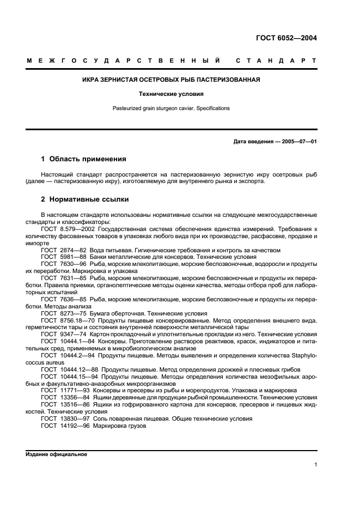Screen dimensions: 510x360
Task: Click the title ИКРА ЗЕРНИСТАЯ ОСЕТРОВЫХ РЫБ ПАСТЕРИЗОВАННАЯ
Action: click(171, 80)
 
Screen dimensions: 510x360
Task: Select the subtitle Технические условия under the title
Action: click(171, 94)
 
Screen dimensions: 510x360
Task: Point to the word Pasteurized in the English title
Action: click(125, 108)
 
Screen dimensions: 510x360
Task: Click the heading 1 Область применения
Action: click(83, 159)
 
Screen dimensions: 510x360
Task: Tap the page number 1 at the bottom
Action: click(315, 465)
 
